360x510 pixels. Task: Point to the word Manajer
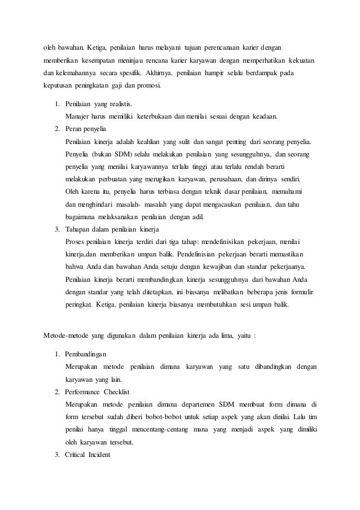78,117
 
